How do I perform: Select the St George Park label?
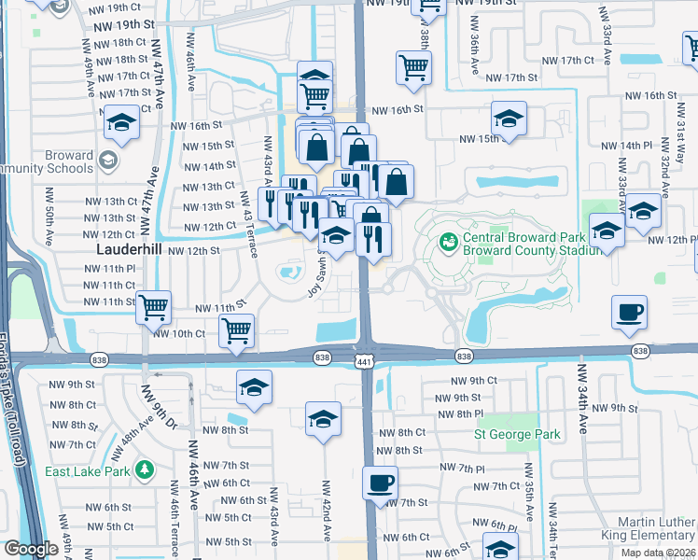click(517, 434)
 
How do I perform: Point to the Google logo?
click(31, 549)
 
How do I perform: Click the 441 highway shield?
click(365, 360)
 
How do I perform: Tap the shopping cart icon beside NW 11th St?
click(153, 306)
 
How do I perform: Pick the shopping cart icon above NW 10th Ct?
click(237, 329)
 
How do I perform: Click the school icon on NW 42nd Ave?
click(323, 419)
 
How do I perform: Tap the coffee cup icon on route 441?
click(380, 483)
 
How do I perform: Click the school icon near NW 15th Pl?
click(509, 119)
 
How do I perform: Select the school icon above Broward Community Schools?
click(121, 122)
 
